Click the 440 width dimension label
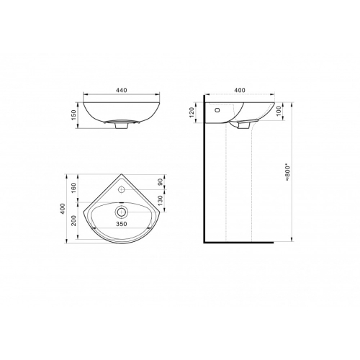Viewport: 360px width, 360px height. point(122,90)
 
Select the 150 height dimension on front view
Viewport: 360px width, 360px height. point(73,115)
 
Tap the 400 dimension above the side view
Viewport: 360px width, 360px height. point(240,90)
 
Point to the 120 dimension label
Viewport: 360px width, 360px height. point(192,112)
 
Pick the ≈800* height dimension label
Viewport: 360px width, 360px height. point(288,173)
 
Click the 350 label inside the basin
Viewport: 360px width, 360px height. point(122,224)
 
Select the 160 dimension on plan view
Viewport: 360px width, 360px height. point(73,188)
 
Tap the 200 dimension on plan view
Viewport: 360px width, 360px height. point(73,220)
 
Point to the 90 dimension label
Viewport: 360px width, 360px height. point(161,181)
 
